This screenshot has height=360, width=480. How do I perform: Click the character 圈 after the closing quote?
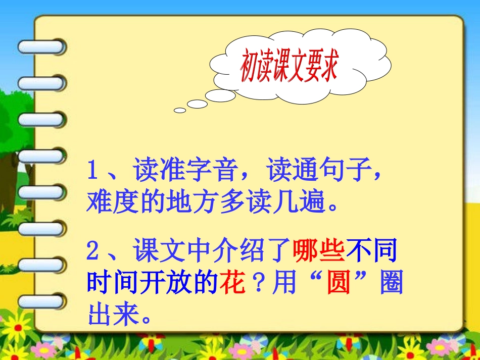click(391, 283)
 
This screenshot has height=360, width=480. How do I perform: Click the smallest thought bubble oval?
click(180, 110)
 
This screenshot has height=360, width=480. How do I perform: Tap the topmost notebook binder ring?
click(41, 47)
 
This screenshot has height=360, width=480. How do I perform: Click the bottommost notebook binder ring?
click(41, 301)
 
